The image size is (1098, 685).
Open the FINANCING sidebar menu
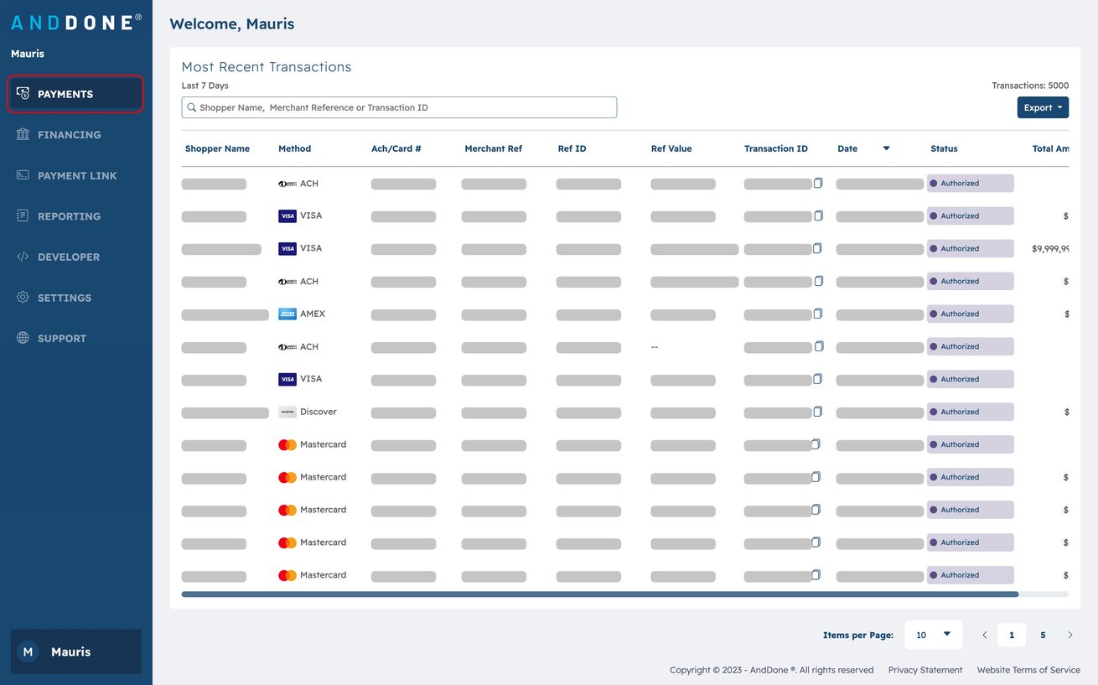(x=69, y=135)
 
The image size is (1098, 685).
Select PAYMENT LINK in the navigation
(x=77, y=176)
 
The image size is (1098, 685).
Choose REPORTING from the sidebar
(x=69, y=216)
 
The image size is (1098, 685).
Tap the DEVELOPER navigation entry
(x=68, y=257)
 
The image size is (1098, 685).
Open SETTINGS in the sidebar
(x=65, y=298)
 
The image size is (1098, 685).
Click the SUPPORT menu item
(x=62, y=339)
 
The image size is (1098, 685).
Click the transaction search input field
(x=399, y=107)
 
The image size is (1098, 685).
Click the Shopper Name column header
(x=217, y=148)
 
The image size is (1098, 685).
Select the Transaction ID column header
(x=775, y=148)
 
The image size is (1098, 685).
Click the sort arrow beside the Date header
(x=886, y=148)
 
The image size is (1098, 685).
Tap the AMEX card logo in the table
(x=287, y=314)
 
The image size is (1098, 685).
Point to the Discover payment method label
(x=318, y=412)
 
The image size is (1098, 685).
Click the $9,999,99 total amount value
(x=1050, y=248)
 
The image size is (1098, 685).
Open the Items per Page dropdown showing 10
(x=933, y=635)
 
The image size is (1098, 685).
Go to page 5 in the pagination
(x=1043, y=635)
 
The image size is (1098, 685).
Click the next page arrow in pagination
(x=1070, y=635)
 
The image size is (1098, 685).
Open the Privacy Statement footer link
(x=924, y=670)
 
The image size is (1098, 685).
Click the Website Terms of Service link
(x=1028, y=670)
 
